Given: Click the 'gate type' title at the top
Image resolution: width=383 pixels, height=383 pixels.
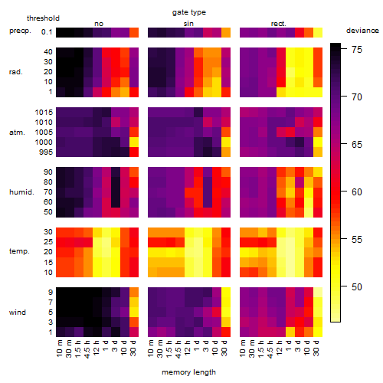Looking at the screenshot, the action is pyautogui.click(x=189, y=12).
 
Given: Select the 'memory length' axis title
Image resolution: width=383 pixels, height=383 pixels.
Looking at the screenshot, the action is pyautogui.click(x=188, y=372).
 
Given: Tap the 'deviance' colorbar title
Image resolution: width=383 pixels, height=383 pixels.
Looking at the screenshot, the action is pyautogui.click(x=362, y=31).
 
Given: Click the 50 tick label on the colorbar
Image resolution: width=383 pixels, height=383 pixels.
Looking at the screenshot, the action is pyautogui.click(x=357, y=287).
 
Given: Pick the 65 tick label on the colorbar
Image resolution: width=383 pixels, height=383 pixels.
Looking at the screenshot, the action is pyautogui.click(x=357, y=145).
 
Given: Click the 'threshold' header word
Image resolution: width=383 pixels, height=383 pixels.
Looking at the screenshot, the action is pyautogui.click(x=43, y=18).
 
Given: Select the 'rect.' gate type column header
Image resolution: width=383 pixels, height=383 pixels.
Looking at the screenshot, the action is pyautogui.click(x=278, y=24).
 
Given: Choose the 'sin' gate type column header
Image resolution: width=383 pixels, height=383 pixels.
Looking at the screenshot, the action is pyautogui.click(x=188, y=24).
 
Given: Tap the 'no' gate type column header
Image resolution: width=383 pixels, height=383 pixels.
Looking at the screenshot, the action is pyautogui.click(x=99, y=24).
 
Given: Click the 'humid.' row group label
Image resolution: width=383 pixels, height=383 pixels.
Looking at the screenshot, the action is pyautogui.click(x=21, y=192).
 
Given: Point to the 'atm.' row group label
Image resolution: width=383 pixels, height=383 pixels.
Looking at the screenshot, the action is pyautogui.click(x=17, y=133).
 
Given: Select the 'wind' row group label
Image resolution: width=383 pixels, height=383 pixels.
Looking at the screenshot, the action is pyautogui.click(x=18, y=313).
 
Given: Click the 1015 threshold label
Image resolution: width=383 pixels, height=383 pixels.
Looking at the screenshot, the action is pyautogui.click(x=44, y=113).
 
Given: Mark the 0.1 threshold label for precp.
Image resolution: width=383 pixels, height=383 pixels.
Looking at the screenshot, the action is pyautogui.click(x=47, y=32).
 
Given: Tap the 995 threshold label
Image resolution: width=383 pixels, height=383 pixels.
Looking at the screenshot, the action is pyautogui.click(x=46, y=152).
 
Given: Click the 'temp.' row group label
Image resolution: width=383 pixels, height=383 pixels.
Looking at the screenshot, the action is pyautogui.click(x=19, y=251).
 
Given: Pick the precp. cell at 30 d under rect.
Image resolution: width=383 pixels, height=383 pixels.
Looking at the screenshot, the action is pyautogui.click(x=318, y=32).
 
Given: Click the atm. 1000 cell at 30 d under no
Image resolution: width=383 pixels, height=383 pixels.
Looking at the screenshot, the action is pyautogui.click(x=134, y=142).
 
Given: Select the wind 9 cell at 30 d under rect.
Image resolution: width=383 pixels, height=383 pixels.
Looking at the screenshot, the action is pyautogui.click(x=318, y=293).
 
